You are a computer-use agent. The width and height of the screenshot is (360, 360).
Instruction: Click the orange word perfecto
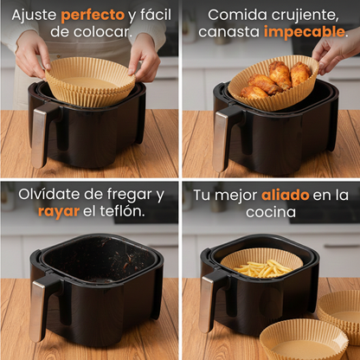pos(93,15)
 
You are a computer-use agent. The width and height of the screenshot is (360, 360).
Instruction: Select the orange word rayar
pos(58,210)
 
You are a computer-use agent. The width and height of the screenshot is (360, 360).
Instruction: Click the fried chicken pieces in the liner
pos(270,80)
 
